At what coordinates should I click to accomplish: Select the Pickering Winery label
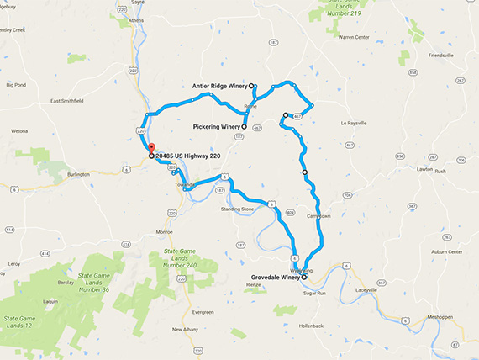tap(217, 127)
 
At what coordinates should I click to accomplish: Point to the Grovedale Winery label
tap(275, 277)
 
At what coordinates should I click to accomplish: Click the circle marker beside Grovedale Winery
tap(305, 277)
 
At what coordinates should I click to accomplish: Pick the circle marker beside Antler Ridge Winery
tap(252, 86)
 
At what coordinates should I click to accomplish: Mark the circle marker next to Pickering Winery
tap(244, 127)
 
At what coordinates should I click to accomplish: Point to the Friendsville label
tap(440, 55)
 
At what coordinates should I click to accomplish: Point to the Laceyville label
tap(366, 289)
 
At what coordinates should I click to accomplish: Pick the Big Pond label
tap(16, 85)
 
